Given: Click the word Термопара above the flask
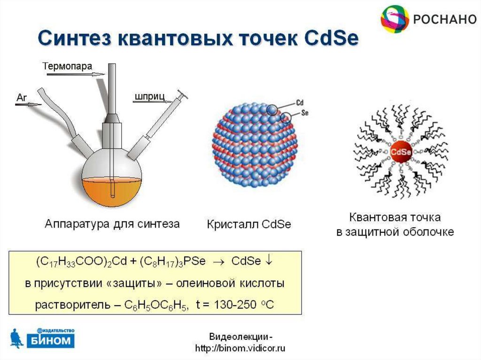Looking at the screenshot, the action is pyautogui.click(x=68, y=66).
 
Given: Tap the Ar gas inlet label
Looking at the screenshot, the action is pyautogui.click(x=22, y=97).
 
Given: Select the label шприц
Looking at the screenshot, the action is pyautogui.click(x=149, y=97).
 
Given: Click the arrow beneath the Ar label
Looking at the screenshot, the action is pyautogui.click(x=29, y=105).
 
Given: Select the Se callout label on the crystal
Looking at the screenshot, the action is pyautogui.click(x=304, y=113).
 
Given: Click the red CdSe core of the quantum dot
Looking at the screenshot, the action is pyautogui.click(x=401, y=152).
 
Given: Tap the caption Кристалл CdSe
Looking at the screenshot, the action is pyautogui.click(x=249, y=224).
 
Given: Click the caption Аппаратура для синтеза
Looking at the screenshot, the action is pyautogui.click(x=112, y=224).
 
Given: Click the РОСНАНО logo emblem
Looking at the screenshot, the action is pyautogui.click(x=395, y=19).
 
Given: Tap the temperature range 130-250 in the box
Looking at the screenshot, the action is pyautogui.click(x=229, y=305).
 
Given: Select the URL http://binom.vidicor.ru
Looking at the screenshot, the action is pyautogui.click(x=240, y=348).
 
